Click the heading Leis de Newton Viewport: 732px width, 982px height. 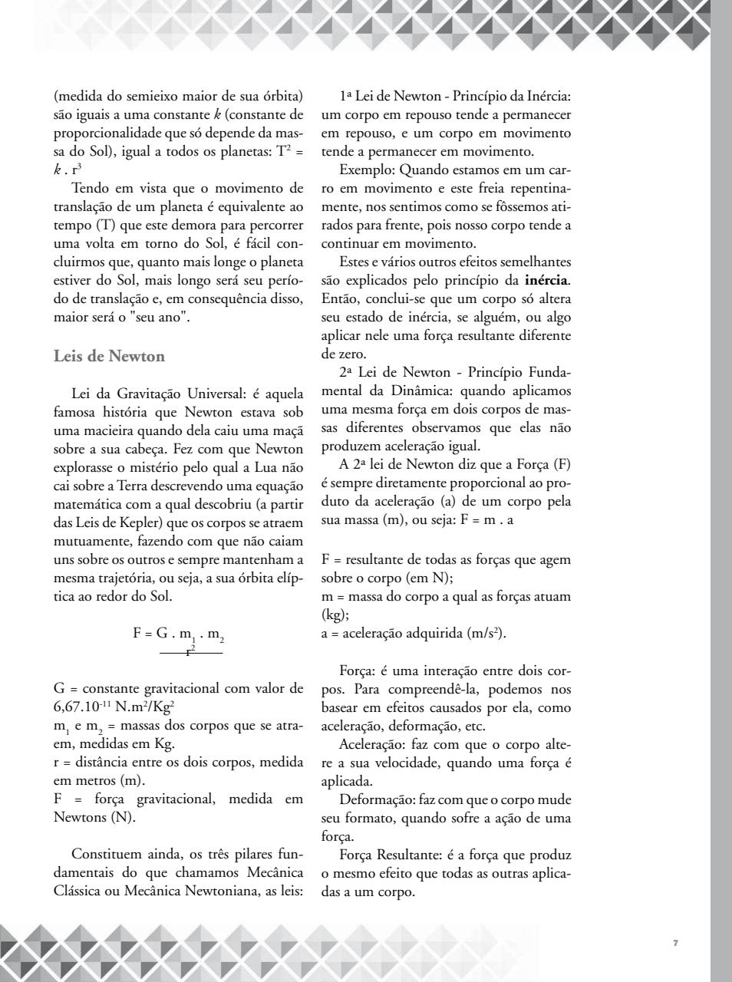point(109,357)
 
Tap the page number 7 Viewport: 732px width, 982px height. point(675,943)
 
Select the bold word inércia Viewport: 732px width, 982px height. point(547,281)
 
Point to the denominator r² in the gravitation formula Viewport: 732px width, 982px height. point(190,651)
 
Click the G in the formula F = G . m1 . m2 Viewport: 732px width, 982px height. point(162,634)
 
